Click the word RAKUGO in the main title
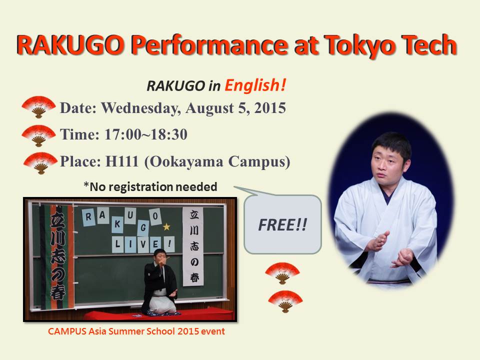pos(71,44)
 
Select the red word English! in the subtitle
pos(255,85)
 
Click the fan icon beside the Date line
pos(38,107)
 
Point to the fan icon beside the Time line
pos(38,135)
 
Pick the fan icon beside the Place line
pos(40,163)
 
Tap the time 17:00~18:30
pos(145,134)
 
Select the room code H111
pos(122,161)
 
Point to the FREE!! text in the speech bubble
pos(282,225)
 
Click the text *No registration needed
pos(150,186)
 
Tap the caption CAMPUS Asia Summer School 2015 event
pos(136,331)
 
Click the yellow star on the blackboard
pos(166,227)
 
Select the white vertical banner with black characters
pos(193,246)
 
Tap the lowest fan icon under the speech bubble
pos(285,301)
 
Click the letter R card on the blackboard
pos(89,217)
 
